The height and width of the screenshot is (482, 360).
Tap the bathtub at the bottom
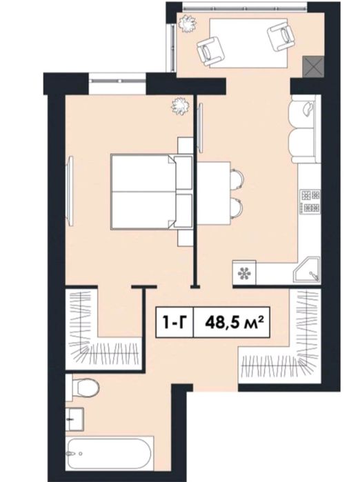[x=110, y=453]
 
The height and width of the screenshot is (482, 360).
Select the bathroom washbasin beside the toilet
[x=74, y=419]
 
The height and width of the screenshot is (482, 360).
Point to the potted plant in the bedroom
[x=179, y=106]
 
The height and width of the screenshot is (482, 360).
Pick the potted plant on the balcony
[x=187, y=23]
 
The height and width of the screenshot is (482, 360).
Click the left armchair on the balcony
[x=210, y=50]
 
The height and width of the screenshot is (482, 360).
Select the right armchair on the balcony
[x=281, y=36]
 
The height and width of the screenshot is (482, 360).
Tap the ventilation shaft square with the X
[x=313, y=66]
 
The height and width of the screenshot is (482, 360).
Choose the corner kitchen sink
[x=306, y=270]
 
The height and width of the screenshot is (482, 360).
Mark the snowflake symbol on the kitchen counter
[x=244, y=272]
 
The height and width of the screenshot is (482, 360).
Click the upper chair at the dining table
[x=237, y=179]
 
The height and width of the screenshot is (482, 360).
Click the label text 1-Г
[x=174, y=323]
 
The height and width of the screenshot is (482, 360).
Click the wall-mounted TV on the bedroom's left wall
[x=70, y=191]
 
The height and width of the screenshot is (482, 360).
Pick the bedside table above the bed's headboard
[x=186, y=146]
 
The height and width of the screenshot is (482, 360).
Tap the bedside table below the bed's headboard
[x=186, y=237]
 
